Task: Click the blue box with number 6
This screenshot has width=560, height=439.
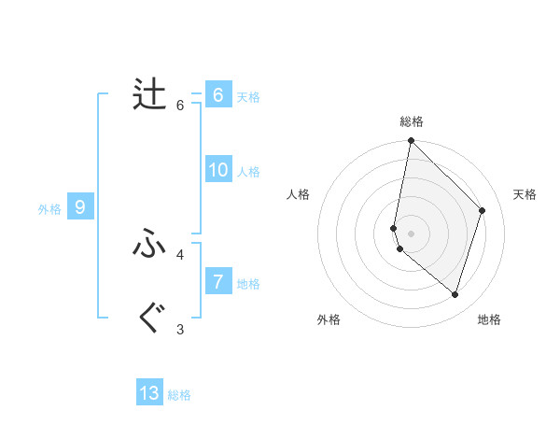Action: coord(217,95)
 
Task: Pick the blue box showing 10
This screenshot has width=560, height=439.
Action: coord(218,170)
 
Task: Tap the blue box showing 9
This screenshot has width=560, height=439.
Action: coord(80,207)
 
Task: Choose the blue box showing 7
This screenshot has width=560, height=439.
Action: coord(217,282)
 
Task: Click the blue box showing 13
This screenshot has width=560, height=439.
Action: coord(149,393)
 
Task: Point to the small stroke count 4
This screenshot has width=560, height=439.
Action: coord(180,254)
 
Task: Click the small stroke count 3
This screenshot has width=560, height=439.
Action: coord(180,329)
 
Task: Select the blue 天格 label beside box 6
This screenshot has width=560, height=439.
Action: coord(248,97)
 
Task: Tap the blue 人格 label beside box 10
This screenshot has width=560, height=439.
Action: coord(248,172)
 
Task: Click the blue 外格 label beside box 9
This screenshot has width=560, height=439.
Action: coord(49,209)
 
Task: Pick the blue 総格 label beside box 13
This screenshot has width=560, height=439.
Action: coord(179,395)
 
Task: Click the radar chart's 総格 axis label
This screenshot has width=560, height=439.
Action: coord(411,121)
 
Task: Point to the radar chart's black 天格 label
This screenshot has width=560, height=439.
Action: coord(525,194)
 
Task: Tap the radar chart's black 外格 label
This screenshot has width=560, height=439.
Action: coord(329,319)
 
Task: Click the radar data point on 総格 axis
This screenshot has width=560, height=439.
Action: coord(411,141)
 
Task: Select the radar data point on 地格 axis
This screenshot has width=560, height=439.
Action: coord(455,294)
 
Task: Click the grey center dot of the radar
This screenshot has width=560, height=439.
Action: coord(411,234)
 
